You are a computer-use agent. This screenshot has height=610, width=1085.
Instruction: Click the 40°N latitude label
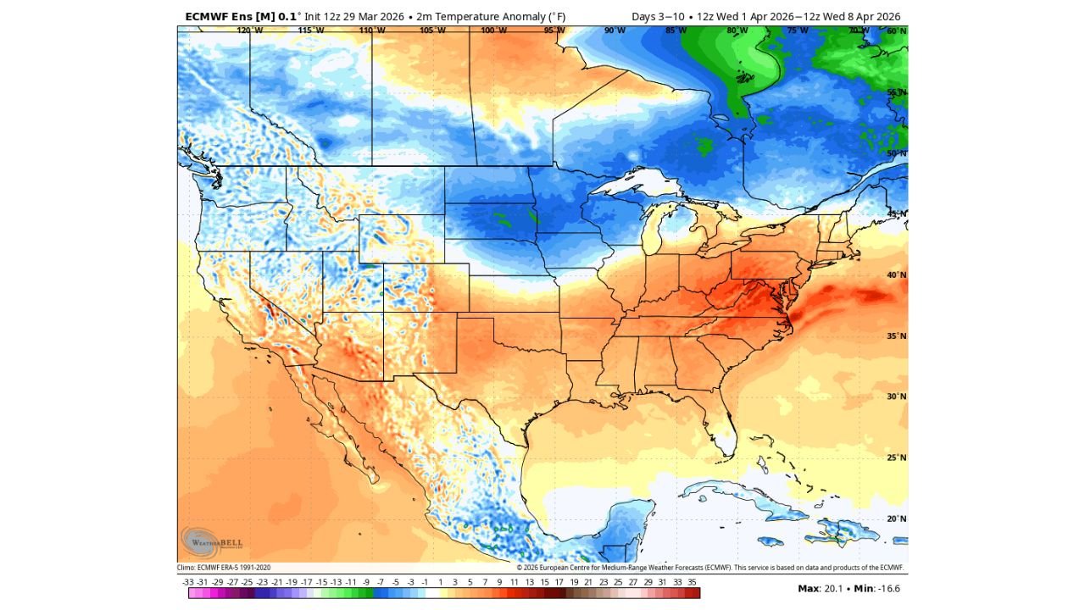coord(896,275)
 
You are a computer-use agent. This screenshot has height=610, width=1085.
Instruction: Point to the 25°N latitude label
coord(896,457)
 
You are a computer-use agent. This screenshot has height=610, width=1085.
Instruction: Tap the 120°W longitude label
coord(249,30)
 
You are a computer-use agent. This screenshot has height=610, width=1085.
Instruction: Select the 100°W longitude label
coord(494,30)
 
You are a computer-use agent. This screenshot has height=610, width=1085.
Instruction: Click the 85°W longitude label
coord(676,30)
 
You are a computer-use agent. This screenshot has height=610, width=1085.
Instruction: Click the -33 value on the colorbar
coord(188,582)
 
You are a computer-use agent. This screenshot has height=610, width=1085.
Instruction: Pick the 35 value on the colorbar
coord(692,582)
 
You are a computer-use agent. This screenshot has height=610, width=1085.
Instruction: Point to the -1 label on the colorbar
coord(425,582)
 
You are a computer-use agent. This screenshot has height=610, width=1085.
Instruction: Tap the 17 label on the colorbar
coord(559,582)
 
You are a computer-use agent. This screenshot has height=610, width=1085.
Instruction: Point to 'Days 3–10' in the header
coord(658,16)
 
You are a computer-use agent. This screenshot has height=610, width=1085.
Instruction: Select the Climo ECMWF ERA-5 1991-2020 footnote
coord(224,568)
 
